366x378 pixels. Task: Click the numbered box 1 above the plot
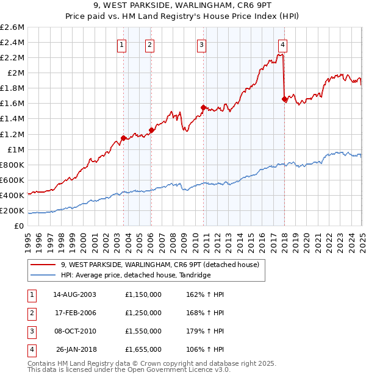tap(122, 44)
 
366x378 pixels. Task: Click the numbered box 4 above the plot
tap(283, 44)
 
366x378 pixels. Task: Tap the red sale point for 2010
tap(203, 107)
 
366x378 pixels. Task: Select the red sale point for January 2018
tap(284, 99)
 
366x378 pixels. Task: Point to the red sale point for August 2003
tap(123, 138)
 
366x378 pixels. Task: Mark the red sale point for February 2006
tap(151, 130)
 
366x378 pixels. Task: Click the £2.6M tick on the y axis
tap(12, 27)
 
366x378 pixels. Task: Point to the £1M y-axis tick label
tap(15, 149)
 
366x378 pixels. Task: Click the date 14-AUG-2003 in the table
tap(74, 294)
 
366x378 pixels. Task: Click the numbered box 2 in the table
tap(30, 313)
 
